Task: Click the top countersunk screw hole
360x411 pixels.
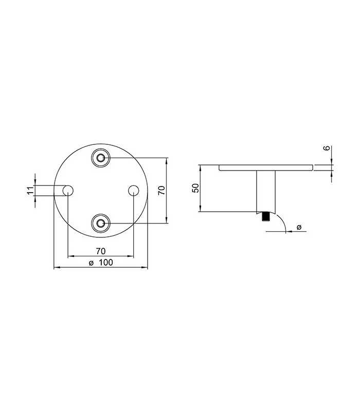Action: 101,158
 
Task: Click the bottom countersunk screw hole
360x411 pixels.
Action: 101,223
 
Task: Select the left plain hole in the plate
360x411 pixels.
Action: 68,191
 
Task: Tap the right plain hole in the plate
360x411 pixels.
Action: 134,191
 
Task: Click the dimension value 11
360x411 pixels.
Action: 31,191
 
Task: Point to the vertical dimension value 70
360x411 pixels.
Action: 162,190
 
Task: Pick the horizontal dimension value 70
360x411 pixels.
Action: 101,251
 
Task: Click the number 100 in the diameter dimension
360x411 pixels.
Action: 106,263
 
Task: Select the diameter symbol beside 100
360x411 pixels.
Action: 91,263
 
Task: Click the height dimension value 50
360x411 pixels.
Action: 196,188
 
